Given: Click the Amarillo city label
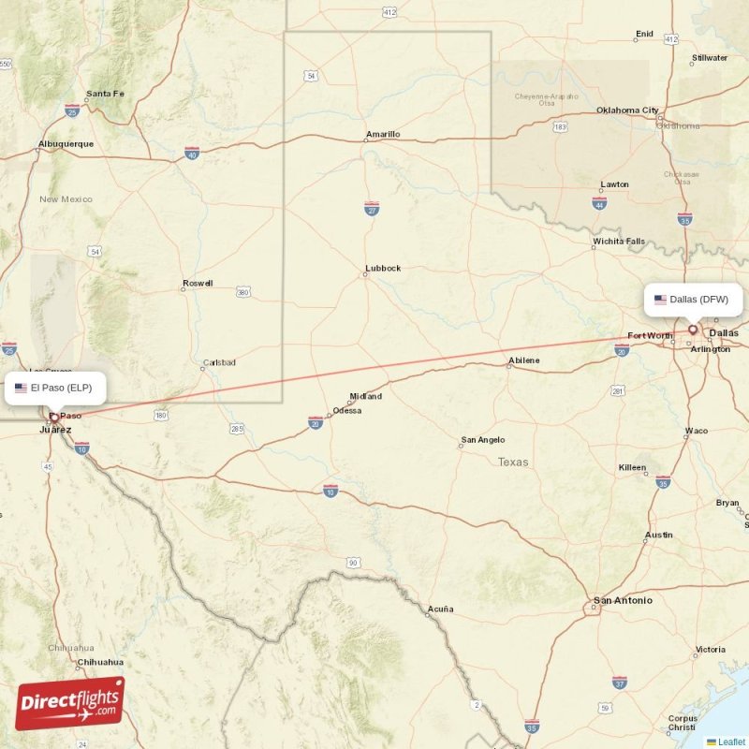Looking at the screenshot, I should pyautogui.click(x=383, y=134).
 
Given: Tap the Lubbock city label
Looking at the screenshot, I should pyautogui.click(x=383, y=268).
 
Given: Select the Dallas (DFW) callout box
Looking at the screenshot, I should pyautogui.click(x=693, y=300).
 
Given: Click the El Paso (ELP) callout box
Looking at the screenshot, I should pyautogui.click(x=54, y=387).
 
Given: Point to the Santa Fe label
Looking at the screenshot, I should pyautogui.click(x=105, y=94).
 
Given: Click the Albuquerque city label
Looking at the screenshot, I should pyautogui.click(x=66, y=144).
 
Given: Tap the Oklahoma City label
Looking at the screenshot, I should pyautogui.click(x=627, y=110).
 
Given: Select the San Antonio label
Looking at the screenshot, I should pyautogui.click(x=623, y=600).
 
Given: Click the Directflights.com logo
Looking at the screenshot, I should pyautogui.click(x=70, y=703).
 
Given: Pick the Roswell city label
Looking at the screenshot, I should pyautogui.click(x=198, y=283).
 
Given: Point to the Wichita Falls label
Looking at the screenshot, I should pyautogui.click(x=618, y=242).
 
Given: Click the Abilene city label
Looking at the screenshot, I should pyautogui.click(x=523, y=360).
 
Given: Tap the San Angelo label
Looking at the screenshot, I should pyautogui.click(x=482, y=440).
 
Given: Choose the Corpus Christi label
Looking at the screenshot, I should pyautogui.click(x=682, y=723).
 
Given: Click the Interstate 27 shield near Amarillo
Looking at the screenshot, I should pyautogui.click(x=372, y=210).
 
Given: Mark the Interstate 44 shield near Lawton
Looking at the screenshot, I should pyautogui.click(x=599, y=203).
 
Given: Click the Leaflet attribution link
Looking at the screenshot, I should pyautogui.click(x=731, y=742).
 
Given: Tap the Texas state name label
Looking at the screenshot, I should pyautogui.click(x=513, y=462).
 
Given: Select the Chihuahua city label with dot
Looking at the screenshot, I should pyautogui.click(x=98, y=662).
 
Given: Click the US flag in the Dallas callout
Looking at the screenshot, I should pyautogui.click(x=660, y=300).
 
